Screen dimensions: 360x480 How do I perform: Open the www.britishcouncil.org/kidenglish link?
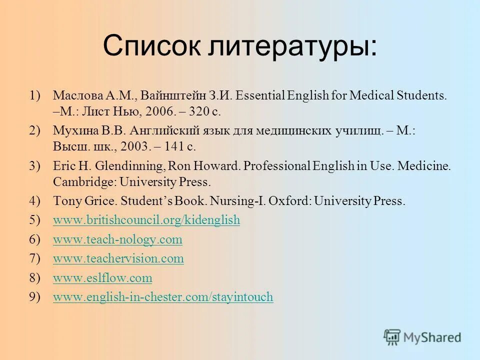coord(146,220)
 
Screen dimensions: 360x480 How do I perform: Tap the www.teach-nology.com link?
coord(117,239)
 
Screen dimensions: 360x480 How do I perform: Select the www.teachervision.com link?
coord(118,258)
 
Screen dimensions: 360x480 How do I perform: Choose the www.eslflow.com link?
coord(102,277)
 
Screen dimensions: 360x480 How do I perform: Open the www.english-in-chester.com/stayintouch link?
coord(163,297)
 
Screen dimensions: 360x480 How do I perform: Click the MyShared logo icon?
coord(392,337)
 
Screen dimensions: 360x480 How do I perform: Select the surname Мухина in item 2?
coord(72,131)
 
